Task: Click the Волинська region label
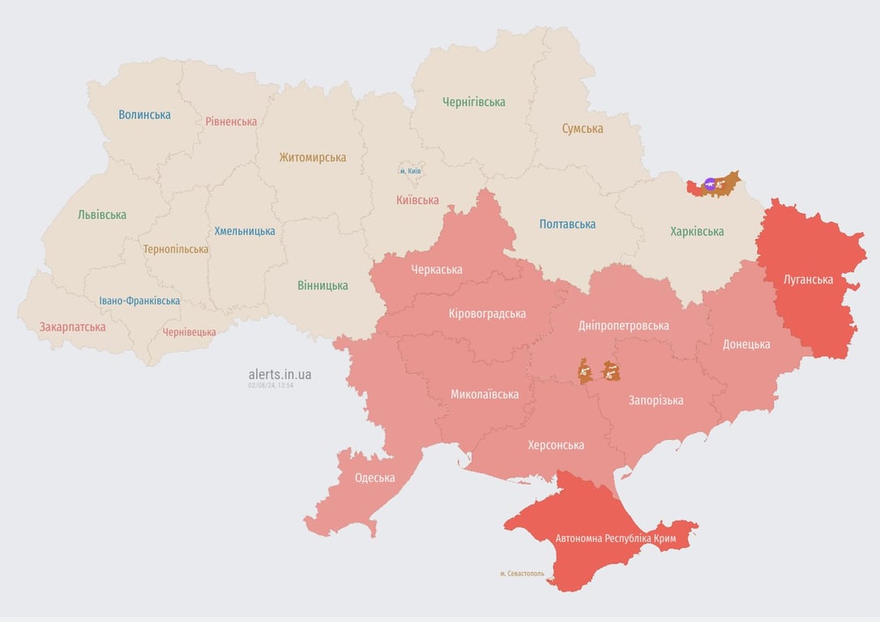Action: [144, 114]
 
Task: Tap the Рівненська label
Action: [231, 121]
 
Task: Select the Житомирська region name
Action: [312, 157]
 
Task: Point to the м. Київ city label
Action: [410, 171]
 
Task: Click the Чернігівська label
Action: [473, 102]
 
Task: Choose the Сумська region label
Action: [582, 128]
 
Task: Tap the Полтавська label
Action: [567, 224]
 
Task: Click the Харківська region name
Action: [697, 232]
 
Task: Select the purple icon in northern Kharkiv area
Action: [711, 185]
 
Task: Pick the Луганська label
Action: [808, 279]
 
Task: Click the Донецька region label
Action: [746, 344]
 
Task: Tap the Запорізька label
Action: [656, 400]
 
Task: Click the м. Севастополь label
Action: [522, 573]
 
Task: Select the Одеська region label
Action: [374, 477]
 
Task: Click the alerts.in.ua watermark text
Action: [280, 374]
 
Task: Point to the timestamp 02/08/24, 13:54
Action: [271, 386]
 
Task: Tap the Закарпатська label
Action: [72, 327]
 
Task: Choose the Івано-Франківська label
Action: [139, 300]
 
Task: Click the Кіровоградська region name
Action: [487, 313]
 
